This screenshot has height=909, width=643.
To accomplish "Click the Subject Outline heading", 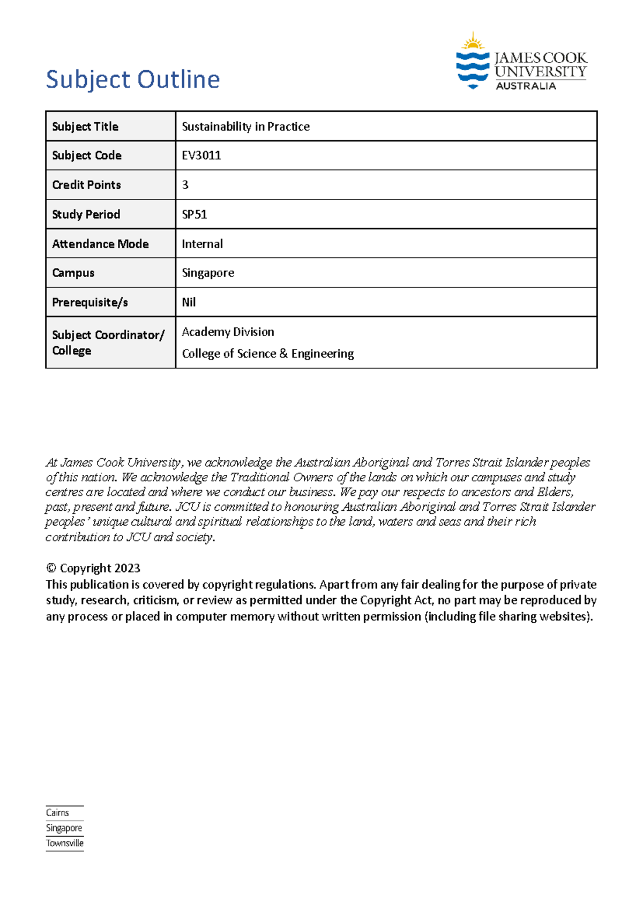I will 132,80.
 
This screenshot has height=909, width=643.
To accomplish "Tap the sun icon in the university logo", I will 473,41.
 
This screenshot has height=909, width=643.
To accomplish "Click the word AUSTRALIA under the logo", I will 526,86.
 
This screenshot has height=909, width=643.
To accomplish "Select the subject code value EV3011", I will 201,155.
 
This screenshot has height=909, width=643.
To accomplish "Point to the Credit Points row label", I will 86,185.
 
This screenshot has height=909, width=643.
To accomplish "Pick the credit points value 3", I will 185,185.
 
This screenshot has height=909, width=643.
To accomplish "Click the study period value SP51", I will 195,214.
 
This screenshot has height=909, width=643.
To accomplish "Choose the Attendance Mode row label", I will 100,244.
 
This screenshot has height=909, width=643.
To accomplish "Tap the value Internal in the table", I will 202,244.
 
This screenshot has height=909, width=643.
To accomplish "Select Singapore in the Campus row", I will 208,273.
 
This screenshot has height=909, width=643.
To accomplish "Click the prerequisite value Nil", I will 189,302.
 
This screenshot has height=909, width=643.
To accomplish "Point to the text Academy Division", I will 228,332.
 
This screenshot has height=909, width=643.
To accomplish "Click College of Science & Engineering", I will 268,354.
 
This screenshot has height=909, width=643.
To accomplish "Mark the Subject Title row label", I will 85,126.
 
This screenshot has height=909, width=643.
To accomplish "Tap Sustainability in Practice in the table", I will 245,126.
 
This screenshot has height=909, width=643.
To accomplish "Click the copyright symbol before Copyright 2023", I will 51,568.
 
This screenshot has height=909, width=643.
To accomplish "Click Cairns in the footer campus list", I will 57,813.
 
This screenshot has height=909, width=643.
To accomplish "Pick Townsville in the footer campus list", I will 65,843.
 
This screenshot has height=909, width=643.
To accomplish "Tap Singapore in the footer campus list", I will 64,828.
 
